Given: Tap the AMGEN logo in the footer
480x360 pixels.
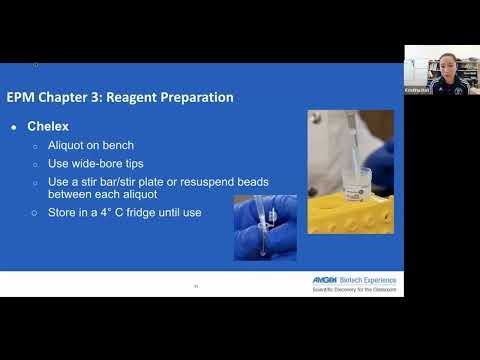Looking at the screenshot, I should click(326, 280).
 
